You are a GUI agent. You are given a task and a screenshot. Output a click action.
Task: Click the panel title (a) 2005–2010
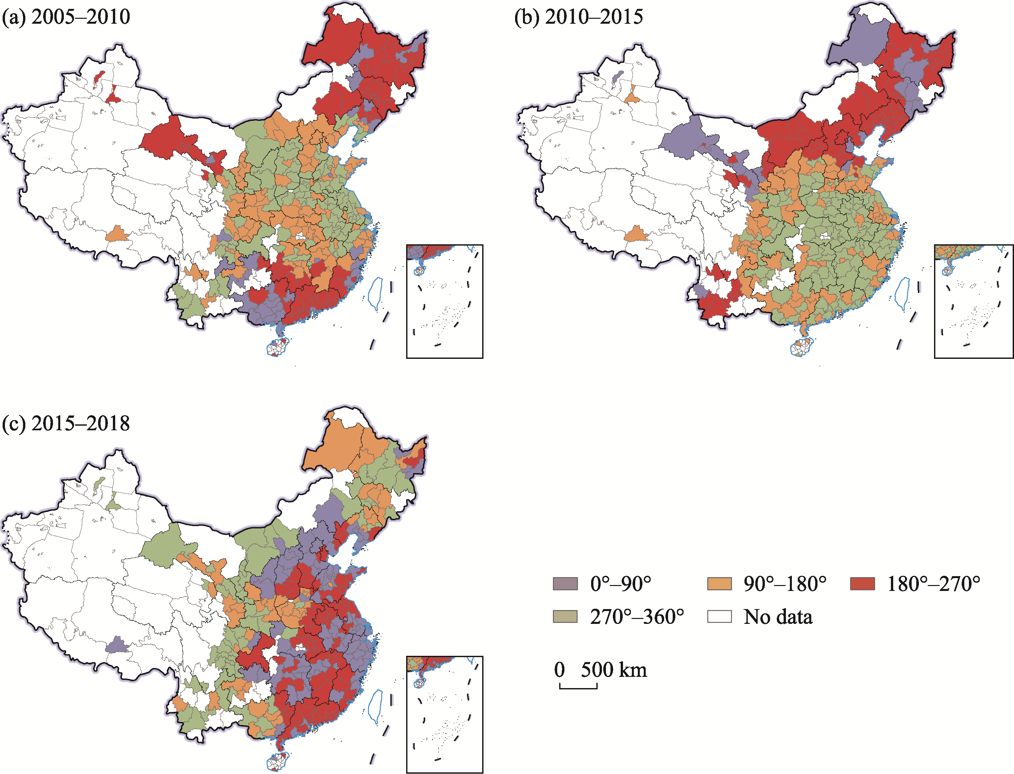(66, 17)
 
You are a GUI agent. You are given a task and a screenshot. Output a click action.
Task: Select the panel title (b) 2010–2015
(578, 17)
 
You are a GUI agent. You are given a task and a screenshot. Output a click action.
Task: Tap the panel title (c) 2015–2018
(66, 423)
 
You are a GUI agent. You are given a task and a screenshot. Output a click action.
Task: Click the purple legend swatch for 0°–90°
(565, 584)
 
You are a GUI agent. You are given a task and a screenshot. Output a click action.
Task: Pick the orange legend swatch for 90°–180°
(719, 584)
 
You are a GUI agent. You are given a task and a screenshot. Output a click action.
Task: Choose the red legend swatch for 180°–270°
(862, 584)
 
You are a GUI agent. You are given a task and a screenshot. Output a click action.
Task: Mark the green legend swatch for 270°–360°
(565, 616)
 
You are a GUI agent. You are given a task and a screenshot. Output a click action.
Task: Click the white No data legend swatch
(719, 616)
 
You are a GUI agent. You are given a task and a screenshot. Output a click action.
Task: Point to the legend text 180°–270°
(933, 584)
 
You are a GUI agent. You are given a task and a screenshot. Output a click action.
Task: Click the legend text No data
(778, 616)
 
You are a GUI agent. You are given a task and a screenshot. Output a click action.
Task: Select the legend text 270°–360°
(637, 616)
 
